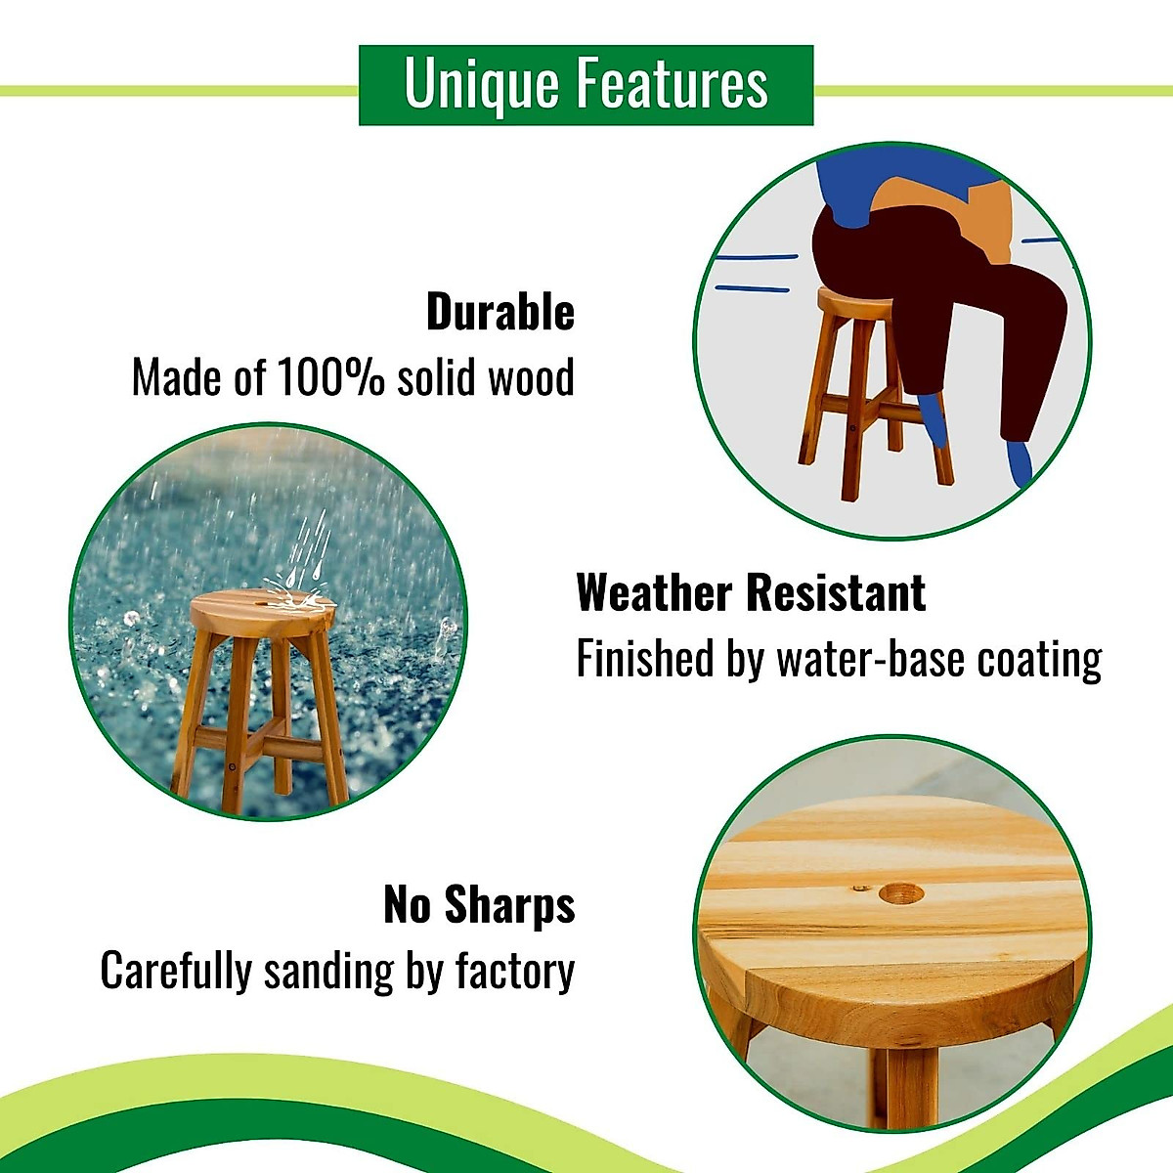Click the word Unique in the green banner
[x=481, y=86]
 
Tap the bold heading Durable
[x=500, y=312]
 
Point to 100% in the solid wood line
[x=330, y=377]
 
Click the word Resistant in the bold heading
[x=837, y=592]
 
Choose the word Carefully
[x=176, y=972]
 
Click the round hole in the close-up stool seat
[x=901, y=893]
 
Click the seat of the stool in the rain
[x=263, y=612]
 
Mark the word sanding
[x=328, y=972]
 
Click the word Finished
[x=644, y=658]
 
